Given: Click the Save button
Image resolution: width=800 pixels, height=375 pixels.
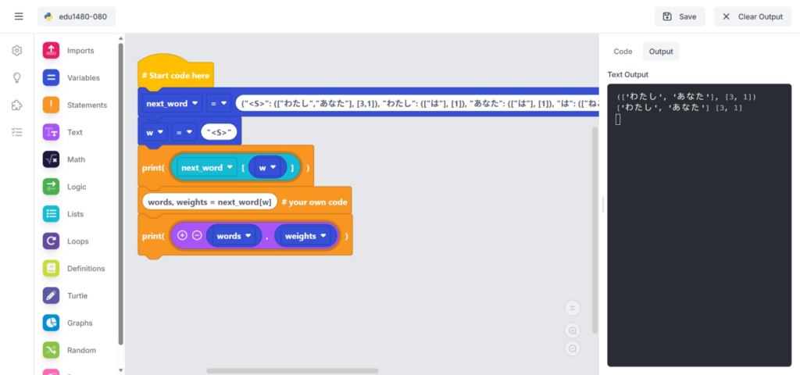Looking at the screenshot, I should point(679,16).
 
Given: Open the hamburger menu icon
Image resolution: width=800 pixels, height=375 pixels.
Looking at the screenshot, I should point(19,16).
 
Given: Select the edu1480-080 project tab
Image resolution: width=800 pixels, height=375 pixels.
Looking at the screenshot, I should point(76,16).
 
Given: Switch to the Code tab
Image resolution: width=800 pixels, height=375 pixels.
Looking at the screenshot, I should point(623,52).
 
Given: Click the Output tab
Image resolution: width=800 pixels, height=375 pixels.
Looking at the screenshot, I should point(661,52).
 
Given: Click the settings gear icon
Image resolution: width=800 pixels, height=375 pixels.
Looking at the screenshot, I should point(16,51).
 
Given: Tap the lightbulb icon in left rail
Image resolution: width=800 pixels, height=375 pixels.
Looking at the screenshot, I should point(16,78).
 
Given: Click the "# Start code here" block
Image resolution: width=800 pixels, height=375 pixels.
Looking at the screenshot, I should point(175,75).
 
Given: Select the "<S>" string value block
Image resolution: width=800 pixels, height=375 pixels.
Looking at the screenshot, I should point(219,132).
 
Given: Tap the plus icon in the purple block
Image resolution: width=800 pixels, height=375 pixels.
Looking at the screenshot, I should point(183,236).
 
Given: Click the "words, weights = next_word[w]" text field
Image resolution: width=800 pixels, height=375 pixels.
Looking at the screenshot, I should point(209,202).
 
